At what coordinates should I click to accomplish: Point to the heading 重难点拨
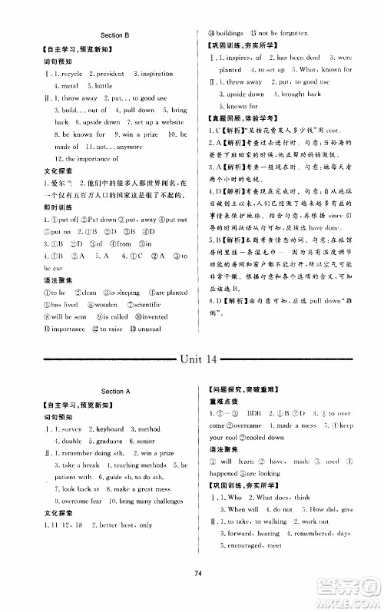(x=223, y=401)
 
